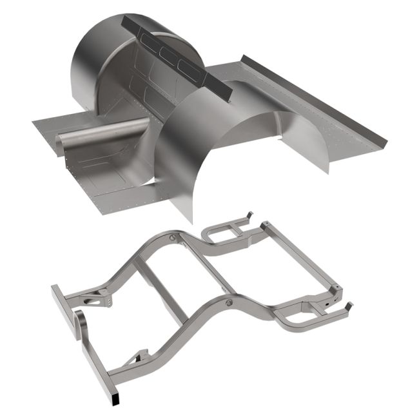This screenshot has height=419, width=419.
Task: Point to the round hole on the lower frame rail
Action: (228, 301)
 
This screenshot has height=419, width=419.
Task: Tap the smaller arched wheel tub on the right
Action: (297, 139)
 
